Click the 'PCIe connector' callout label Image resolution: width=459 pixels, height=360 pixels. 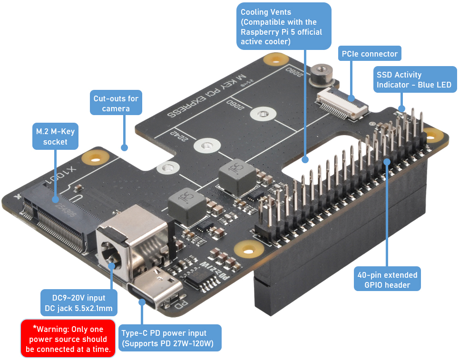(369, 54)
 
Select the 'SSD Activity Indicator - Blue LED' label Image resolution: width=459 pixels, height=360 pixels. (413, 80)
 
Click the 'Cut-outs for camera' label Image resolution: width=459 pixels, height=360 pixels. (116, 104)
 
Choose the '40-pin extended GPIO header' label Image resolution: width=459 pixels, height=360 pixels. (387, 280)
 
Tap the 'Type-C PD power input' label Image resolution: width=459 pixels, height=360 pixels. (169, 338)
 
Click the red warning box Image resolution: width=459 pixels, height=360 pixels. (68, 339)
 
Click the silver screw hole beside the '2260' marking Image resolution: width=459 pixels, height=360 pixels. (261, 114)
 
